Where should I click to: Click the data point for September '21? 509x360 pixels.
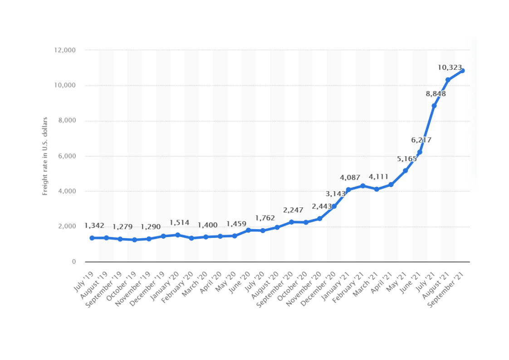click(462, 70)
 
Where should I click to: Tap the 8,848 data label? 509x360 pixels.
click(436, 94)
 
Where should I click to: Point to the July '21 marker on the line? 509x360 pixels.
click(434, 105)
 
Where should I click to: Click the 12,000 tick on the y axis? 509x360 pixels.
click(65, 50)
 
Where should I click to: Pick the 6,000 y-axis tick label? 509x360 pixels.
click(66, 156)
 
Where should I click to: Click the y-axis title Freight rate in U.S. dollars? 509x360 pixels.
click(45, 156)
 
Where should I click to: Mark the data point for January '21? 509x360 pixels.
click(348, 190)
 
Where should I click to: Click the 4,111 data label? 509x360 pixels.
click(378, 177)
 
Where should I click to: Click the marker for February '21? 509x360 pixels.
click(362, 186)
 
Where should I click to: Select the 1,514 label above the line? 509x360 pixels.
click(179, 222)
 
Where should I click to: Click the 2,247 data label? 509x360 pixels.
click(293, 210)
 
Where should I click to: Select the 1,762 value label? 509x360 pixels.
click(265, 218)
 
